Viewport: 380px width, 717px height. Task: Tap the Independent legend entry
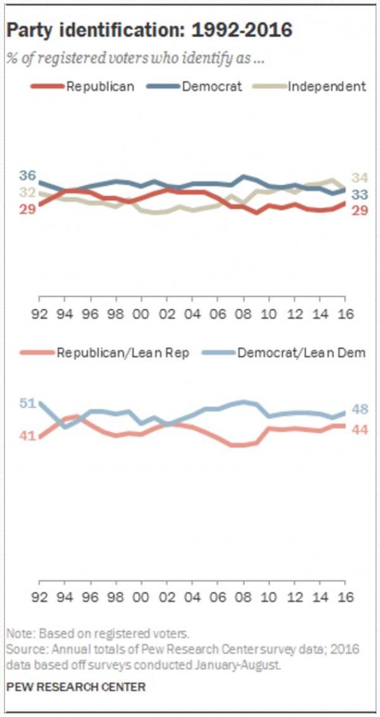(x=327, y=87)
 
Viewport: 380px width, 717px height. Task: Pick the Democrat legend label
(x=212, y=87)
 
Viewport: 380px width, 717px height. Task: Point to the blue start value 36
(x=27, y=176)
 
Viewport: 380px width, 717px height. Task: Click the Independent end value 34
(x=359, y=178)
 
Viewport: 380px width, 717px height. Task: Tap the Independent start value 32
(x=27, y=192)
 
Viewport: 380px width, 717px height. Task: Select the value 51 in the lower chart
(x=27, y=403)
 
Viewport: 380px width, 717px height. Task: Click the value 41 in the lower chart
(x=27, y=436)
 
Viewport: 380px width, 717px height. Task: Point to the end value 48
(x=359, y=410)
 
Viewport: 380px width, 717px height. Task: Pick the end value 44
(x=359, y=429)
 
